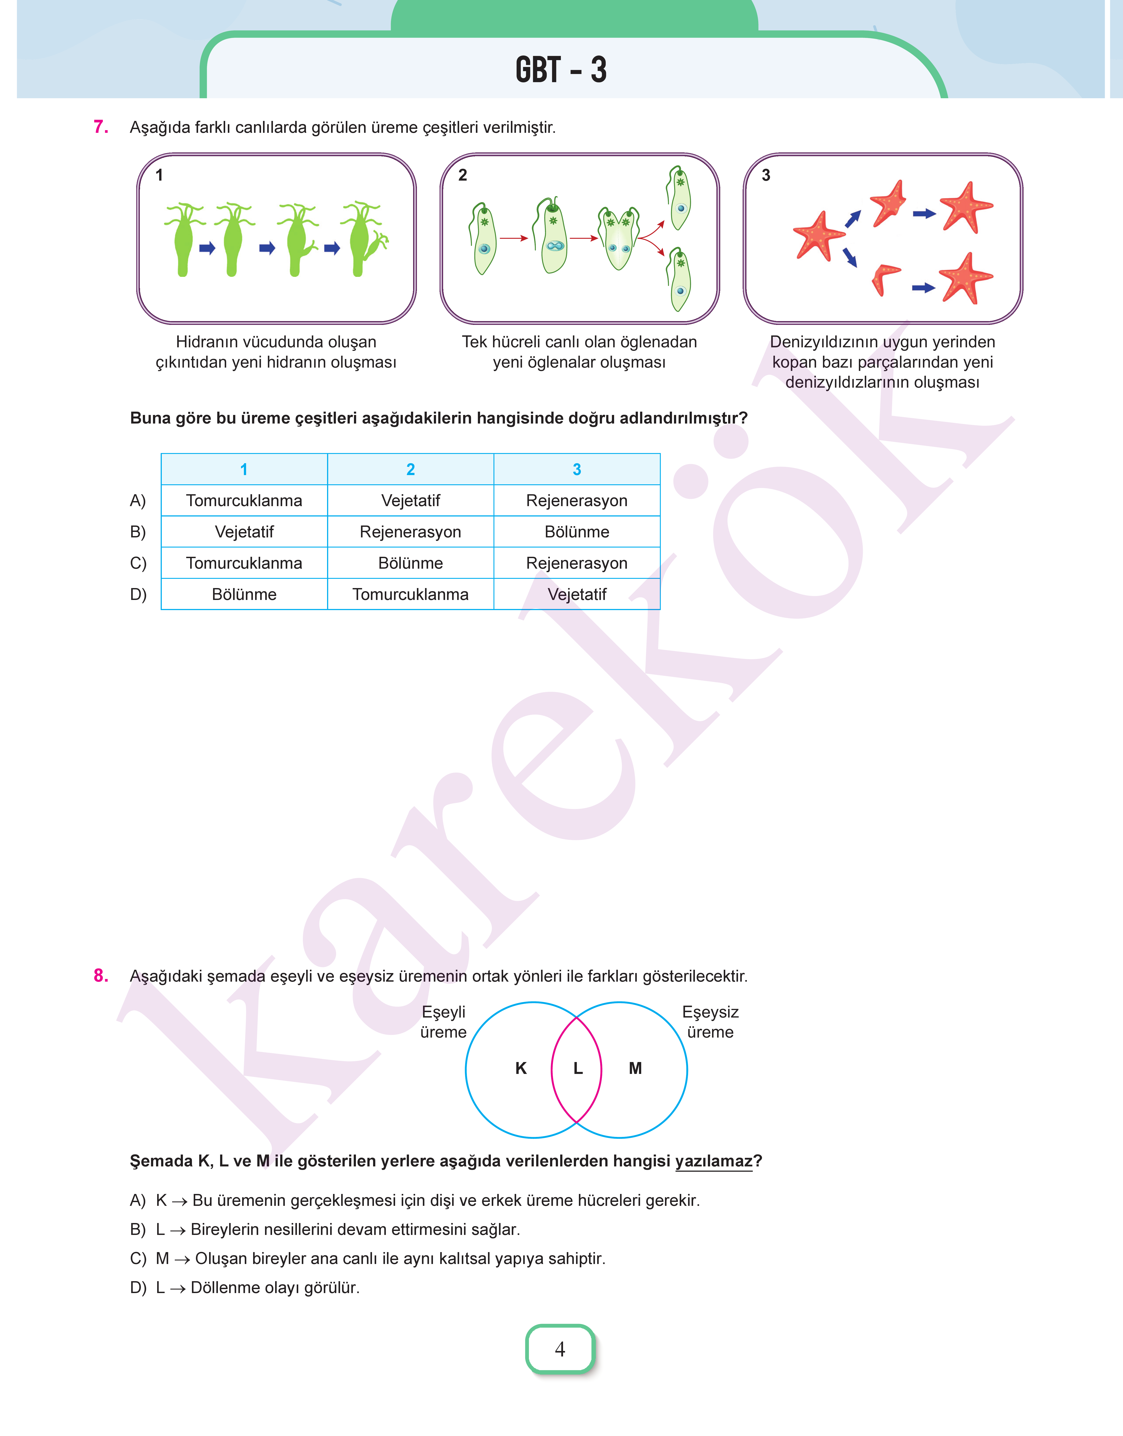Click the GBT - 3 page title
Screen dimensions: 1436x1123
pos(561,70)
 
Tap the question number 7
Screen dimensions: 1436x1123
pos(101,127)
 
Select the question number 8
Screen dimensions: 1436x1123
pos(101,975)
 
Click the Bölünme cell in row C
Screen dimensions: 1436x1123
pos(410,563)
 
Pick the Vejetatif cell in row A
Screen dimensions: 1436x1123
pos(410,501)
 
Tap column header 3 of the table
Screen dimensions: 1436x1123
pos(577,469)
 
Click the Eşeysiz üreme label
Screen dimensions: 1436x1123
pos(710,1021)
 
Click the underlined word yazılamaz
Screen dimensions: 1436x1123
pos(713,1161)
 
